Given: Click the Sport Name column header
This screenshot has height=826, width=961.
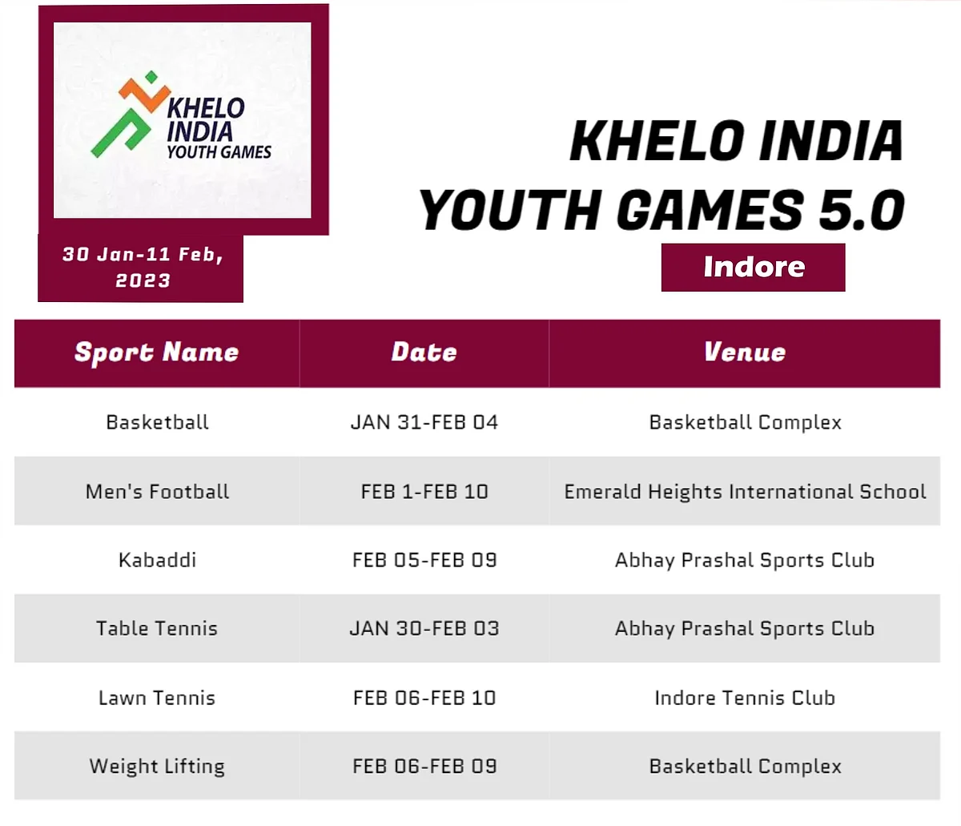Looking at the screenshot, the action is click(157, 353).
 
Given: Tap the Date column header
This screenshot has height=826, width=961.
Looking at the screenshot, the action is click(424, 352).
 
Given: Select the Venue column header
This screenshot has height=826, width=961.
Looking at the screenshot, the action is click(745, 352).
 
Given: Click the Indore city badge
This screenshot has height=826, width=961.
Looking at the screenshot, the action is click(753, 268).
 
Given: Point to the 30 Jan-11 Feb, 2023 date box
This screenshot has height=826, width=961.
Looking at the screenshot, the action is click(140, 268).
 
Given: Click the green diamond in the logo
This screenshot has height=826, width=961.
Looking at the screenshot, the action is click(151, 77).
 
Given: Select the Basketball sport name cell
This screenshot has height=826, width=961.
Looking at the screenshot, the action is click(157, 422).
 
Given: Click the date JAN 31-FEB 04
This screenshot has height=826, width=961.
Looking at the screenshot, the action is click(424, 422).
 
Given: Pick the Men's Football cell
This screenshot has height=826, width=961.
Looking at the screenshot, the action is click(157, 492).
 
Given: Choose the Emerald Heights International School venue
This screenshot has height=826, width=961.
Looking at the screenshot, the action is click(745, 492).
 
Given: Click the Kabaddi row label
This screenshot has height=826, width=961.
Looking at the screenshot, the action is click(157, 560).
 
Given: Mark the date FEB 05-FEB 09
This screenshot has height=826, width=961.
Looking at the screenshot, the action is click(424, 560).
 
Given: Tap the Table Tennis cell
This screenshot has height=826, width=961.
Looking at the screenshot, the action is click(157, 628).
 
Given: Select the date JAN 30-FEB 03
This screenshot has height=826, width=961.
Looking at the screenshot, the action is click(424, 628).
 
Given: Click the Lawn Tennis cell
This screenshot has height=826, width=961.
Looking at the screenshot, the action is click(157, 698).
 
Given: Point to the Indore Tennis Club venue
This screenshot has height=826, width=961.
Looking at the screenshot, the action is click(745, 698).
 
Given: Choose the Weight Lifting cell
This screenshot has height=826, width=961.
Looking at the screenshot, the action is click(157, 767).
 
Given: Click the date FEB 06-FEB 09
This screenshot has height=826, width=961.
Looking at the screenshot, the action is click(424, 766).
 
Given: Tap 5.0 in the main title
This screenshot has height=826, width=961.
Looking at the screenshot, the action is click(862, 210).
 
